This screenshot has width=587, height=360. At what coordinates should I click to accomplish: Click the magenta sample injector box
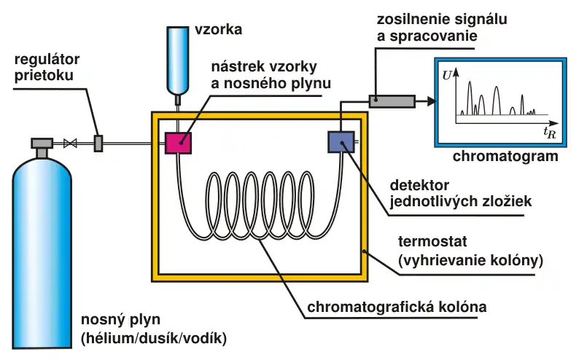click(177, 142)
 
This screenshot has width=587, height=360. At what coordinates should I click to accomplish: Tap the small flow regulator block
click(98, 143)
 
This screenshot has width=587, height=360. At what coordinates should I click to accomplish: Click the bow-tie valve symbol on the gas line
click(71, 143)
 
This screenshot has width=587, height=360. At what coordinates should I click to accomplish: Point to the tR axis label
click(548, 131)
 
